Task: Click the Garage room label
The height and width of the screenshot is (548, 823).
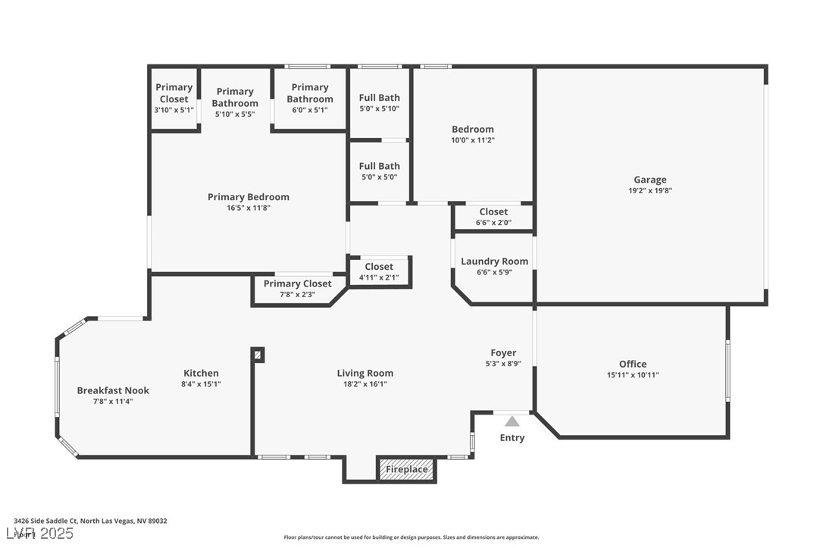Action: tap(650, 180)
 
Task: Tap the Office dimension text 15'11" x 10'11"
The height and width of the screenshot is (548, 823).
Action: tap(632, 375)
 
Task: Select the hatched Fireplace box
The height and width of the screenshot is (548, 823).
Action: tap(407, 469)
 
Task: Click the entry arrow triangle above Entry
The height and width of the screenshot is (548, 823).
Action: tap(512, 421)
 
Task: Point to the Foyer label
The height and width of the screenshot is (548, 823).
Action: tap(503, 352)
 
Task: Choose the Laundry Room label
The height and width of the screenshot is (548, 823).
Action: tap(494, 261)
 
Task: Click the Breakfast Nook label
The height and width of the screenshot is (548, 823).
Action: tap(113, 390)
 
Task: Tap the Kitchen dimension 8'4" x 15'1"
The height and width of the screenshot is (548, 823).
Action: tap(201, 384)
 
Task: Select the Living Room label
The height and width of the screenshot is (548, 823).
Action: tap(365, 373)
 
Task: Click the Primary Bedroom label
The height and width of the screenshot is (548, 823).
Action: tap(248, 197)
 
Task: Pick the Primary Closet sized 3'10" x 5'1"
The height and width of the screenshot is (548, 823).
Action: tap(174, 99)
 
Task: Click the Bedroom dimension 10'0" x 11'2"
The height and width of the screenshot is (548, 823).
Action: tap(472, 140)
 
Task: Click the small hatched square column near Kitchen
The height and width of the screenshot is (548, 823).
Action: tap(258, 355)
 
